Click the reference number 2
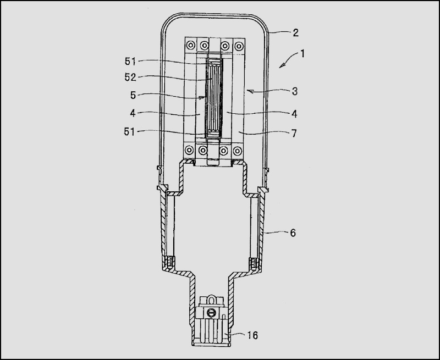pos(295,33)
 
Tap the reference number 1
pos(302,53)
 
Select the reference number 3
pos(295,91)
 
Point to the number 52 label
pos(130,77)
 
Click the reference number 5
pos(133,95)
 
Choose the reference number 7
pos(294,133)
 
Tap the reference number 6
pos(293,232)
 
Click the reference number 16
pos(252,335)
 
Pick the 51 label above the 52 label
pos(130,62)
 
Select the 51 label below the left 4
pos(129,131)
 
